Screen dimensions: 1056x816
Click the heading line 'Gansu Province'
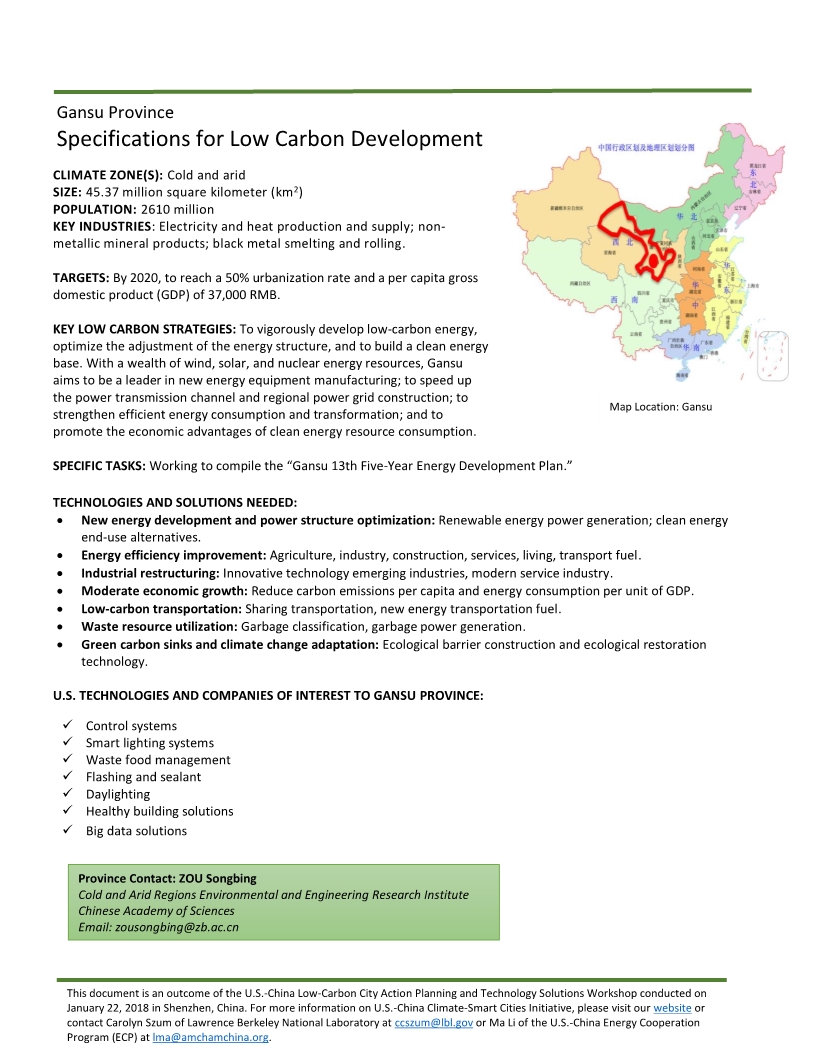coord(115,112)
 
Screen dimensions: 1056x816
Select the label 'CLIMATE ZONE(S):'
coord(107,175)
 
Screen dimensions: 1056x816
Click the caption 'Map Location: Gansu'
coord(660,407)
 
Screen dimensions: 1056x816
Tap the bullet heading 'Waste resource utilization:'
coord(159,626)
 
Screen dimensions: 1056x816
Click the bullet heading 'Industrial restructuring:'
coord(150,573)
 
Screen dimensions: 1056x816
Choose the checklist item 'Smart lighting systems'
coord(149,743)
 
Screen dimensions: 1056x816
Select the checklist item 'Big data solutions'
coord(136,830)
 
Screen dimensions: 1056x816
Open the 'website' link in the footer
coord(671,1008)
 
